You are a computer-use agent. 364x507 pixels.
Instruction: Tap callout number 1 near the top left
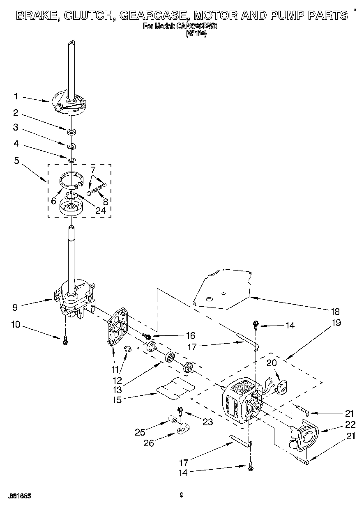coord(16,96)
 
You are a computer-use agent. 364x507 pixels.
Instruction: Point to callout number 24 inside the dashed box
coord(100,211)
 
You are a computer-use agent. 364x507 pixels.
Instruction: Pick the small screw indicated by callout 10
coord(65,340)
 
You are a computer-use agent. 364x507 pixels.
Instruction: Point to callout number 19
coord(336,322)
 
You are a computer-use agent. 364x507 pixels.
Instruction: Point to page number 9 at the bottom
coord(181,496)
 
